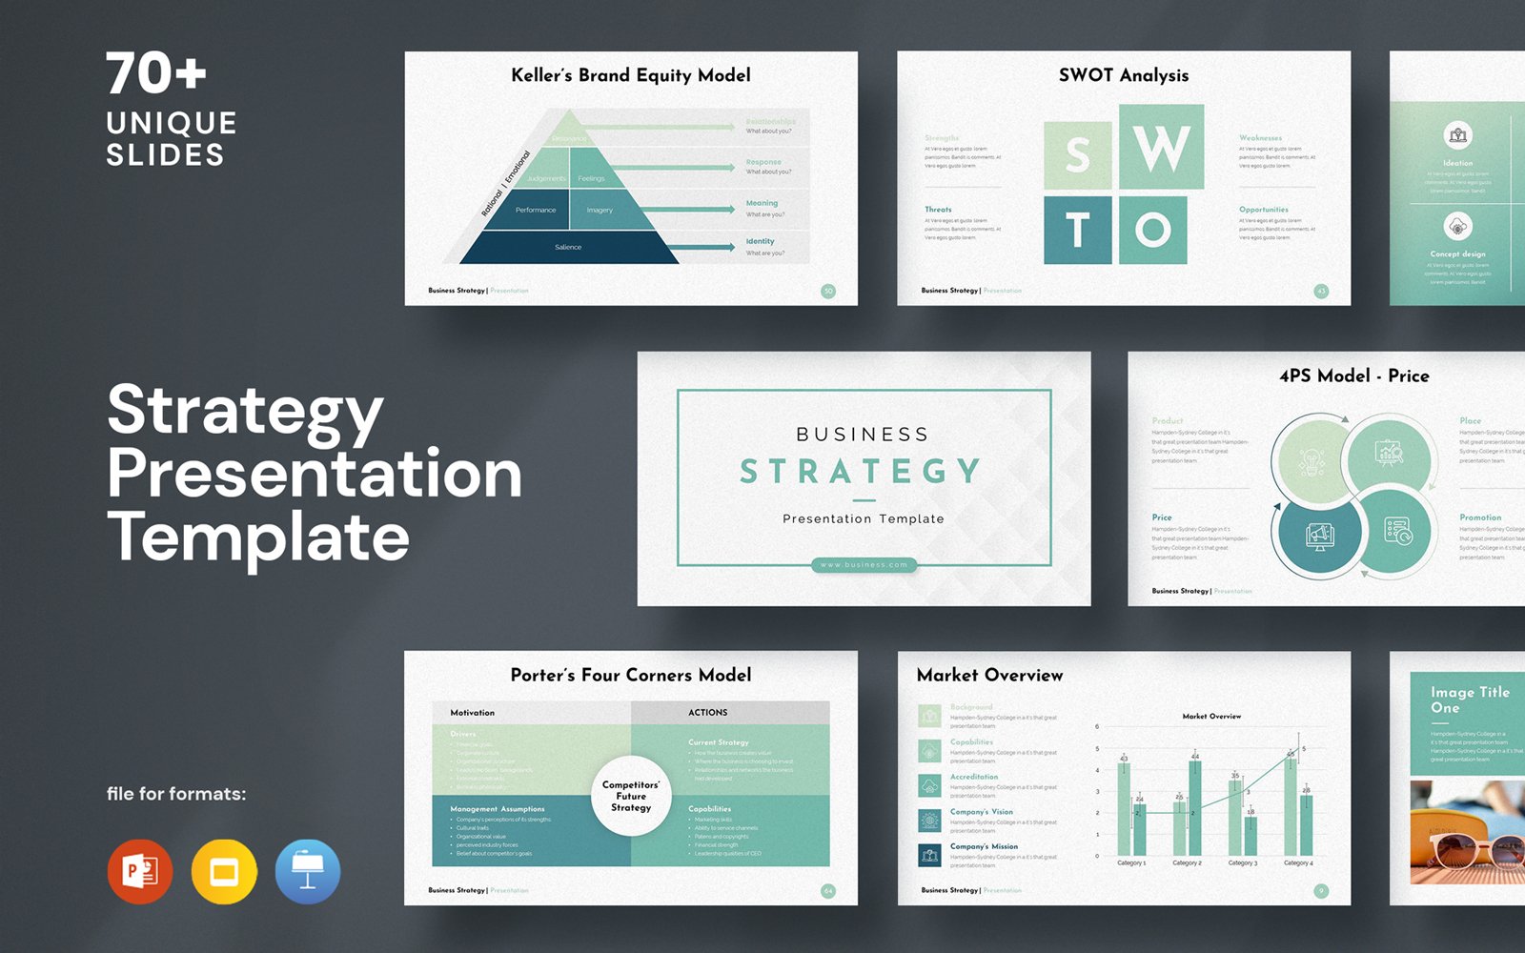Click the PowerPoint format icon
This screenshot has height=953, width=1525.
pos(140,871)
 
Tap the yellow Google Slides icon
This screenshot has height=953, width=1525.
pos(224,871)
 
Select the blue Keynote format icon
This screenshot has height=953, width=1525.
pos(307,871)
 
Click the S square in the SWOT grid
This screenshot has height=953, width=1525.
pos(1077,155)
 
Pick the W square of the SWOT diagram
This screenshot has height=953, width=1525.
pos(1161,147)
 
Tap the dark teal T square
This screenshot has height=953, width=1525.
pos(1077,230)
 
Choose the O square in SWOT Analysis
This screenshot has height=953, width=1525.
pos(1152,230)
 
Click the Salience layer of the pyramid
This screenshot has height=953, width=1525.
pos(568,247)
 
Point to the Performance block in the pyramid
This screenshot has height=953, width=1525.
pos(535,210)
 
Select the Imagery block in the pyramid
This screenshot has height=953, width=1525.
pos(600,210)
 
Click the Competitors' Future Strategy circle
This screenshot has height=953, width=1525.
pos(631,796)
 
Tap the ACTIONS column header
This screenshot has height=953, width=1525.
pos(708,712)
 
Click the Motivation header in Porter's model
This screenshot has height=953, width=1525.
pos(473,712)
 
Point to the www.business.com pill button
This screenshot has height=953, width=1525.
pos(864,565)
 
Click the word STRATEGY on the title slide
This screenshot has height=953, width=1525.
pos(861,471)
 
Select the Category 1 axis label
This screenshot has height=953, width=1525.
pos(1131,863)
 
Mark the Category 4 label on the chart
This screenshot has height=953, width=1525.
pos(1298,863)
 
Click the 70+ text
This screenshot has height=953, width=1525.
pos(155,73)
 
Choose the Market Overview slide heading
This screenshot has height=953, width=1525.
pos(989,675)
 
